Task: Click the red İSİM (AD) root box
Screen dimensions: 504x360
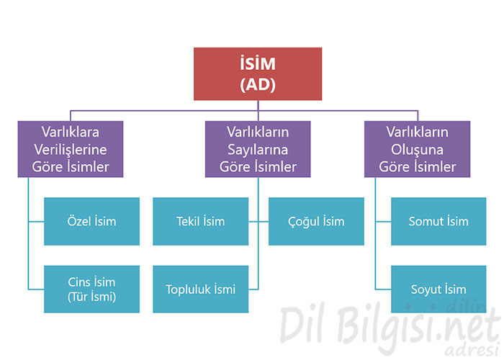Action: click(258, 74)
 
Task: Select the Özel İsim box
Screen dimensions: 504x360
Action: click(91, 222)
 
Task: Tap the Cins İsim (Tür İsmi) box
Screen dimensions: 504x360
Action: click(91, 289)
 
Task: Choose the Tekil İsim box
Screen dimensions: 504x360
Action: click(201, 222)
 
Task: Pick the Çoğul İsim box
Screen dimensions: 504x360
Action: click(316, 222)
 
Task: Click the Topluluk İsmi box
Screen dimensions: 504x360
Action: click(201, 289)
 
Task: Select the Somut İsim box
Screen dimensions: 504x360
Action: click(438, 222)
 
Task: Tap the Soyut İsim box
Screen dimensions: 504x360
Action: click(438, 289)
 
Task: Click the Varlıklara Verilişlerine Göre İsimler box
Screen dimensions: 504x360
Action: click(71, 149)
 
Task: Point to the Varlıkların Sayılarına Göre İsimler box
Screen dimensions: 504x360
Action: click(258, 149)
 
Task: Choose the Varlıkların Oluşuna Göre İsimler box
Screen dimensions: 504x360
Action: click(417, 149)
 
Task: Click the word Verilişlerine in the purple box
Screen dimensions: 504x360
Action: click(71, 150)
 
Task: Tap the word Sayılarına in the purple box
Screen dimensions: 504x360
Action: click(258, 150)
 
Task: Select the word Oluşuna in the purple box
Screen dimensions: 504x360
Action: click(417, 150)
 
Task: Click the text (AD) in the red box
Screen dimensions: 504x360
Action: click(258, 84)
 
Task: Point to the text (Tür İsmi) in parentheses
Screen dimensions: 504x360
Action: click(91, 297)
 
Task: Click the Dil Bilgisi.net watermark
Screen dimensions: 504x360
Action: click(389, 326)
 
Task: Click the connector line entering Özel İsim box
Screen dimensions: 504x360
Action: click(36, 222)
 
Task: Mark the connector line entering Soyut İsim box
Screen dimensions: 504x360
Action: click(383, 289)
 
